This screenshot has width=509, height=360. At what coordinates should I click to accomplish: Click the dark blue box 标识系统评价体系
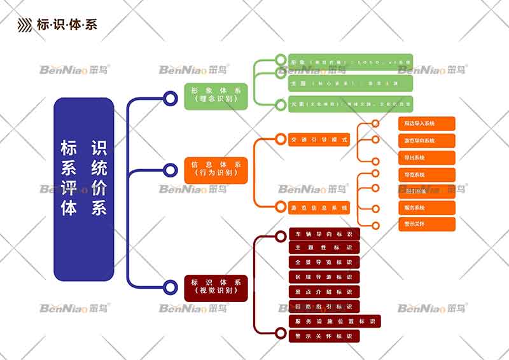click(x=83, y=189)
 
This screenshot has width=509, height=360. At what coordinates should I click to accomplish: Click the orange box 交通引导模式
click(x=319, y=139)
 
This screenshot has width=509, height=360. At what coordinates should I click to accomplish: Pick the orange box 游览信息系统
click(x=319, y=207)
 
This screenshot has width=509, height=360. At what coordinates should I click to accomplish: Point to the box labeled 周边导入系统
click(x=426, y=123)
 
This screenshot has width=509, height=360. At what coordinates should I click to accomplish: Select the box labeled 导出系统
click(x=426, y=157)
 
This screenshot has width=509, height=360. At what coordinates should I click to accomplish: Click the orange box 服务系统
click(x=426, y=207)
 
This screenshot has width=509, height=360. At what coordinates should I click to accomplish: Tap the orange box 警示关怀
click(x=426, y=224)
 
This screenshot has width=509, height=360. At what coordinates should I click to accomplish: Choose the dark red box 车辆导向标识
click(x=324, y=234)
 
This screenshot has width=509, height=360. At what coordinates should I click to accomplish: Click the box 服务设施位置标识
click(x=335, y=321)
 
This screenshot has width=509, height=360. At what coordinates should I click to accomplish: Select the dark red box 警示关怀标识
click(x=324, y=336)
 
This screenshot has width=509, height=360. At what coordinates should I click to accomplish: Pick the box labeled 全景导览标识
click(x=324, y=263)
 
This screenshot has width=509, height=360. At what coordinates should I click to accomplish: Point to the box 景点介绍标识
click(x=324, y=292)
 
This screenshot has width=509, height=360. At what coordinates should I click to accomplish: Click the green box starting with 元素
click(x=351, y=104)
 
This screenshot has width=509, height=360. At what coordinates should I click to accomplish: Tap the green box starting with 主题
click(x=351, y=83)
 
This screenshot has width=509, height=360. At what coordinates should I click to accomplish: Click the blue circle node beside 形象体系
click(x=170, y=98)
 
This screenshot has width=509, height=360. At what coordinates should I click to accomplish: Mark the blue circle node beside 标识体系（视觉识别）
click(x=170, y=287)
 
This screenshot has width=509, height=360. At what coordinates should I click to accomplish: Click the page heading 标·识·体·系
click(x=67, y=25)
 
